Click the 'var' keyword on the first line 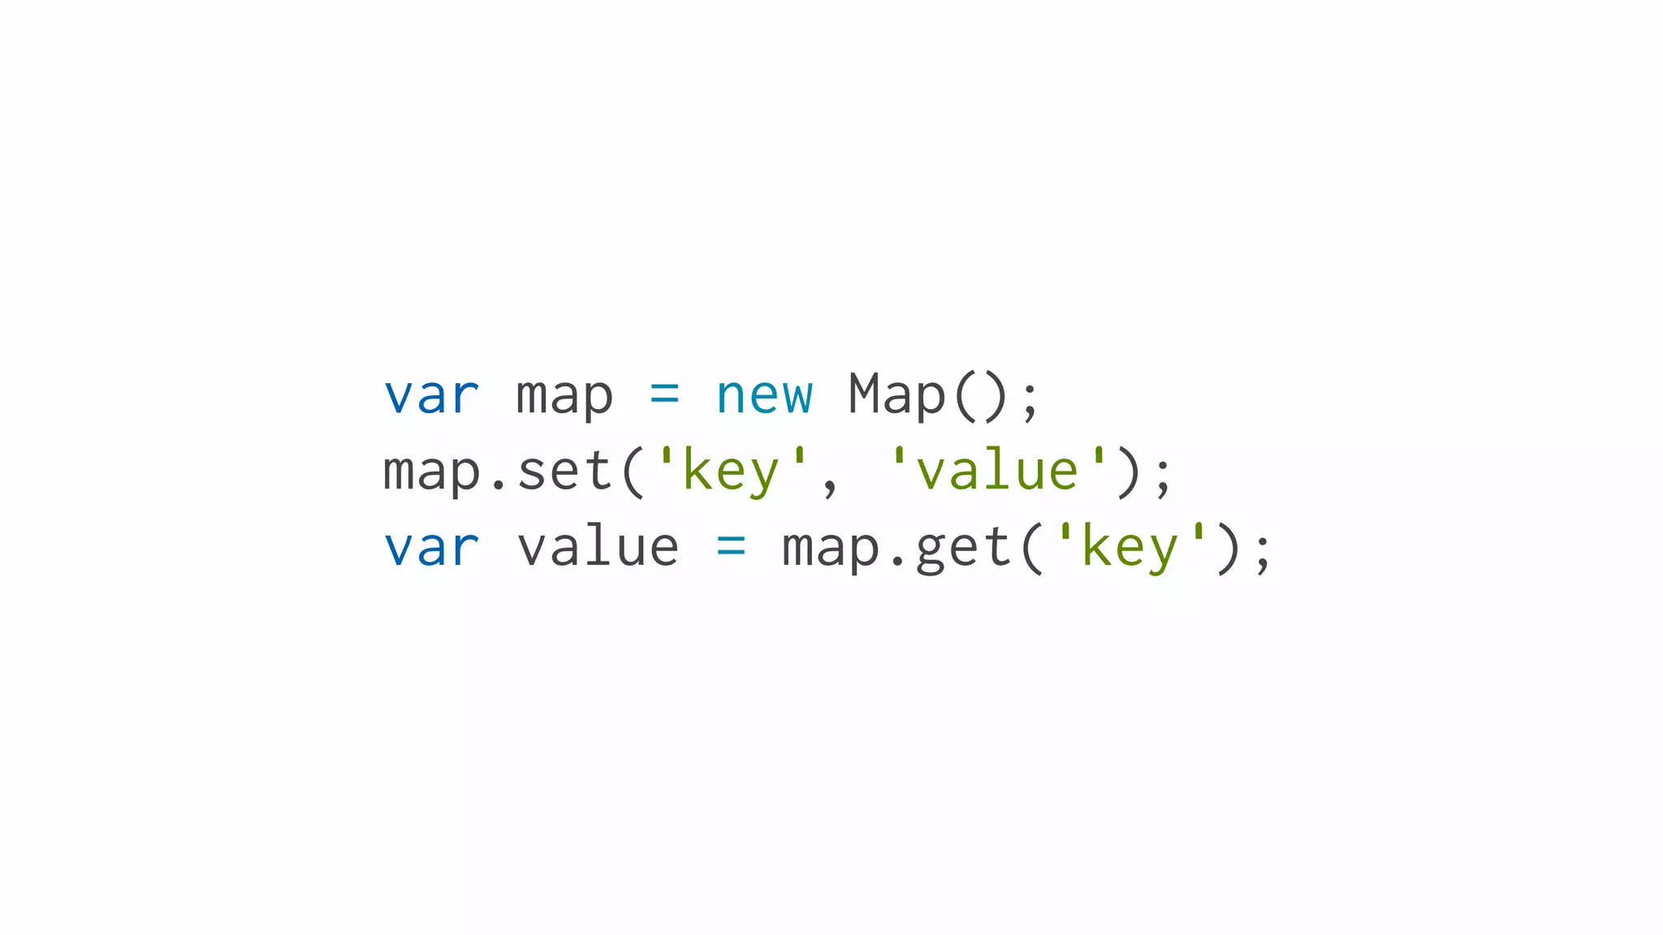(431, 396)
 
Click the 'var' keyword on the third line (431, 548)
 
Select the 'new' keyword (763, 396)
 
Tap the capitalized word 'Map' (896, 396)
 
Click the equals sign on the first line (664, 396)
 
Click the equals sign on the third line (731, 548)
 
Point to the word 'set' (564, 472)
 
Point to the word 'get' (963, 548)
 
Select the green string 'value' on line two (997, 472)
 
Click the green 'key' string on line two (731, 472)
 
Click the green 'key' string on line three (1130, 548)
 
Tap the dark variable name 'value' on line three (598, 548)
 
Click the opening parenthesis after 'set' (633, 472)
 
